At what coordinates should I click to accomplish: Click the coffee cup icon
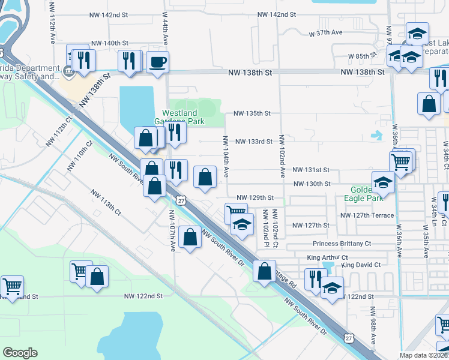pyautogui.click(x=157, y=62)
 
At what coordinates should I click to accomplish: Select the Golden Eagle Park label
pyautogui.click(x=363, y=193)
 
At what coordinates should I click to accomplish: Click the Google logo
pyautogui.click(x=20, y=353)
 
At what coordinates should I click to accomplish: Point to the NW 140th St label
pyautogui.click(x=110, y=44)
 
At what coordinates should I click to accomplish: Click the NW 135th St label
pyautogui.click(x=252, y=113)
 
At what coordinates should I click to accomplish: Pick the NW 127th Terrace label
pyautogui.click(x=367, y=215)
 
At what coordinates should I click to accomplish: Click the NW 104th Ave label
pyautogui.click(x=226, y=155)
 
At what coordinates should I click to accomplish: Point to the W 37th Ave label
pyautogui.click(x=325, y=33)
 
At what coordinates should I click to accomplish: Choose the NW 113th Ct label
pyautogui.click(x=106, y=203)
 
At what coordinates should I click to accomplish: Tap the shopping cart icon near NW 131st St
pyautogui.click(x=400, y=160)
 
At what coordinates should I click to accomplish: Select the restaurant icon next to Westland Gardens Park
pyautogui.click(x=174, y=131)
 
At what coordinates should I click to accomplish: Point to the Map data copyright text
pyautogui.click(x=424, y=355)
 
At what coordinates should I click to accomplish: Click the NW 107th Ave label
pyautogui.click(x=172, y=230)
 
